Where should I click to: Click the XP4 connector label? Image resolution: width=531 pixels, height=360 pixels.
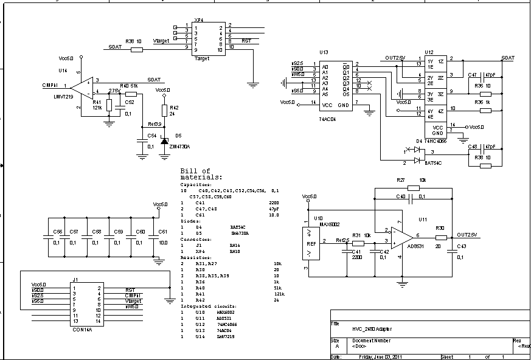(x=198, y=19)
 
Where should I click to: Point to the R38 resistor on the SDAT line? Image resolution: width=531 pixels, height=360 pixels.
(x=137, y=49)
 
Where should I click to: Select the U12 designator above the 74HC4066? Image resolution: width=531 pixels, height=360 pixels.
(x=429, y=52)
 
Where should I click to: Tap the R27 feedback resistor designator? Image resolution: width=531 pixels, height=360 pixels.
(x=400, y=181)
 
